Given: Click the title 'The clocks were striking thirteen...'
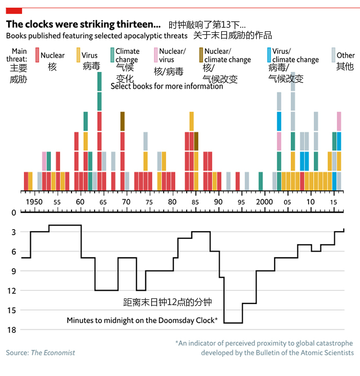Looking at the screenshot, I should click(x=83, y=24).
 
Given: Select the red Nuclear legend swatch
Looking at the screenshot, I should click(x=37, y=55).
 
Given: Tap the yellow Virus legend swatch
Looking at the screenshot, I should click(x=78, y=55).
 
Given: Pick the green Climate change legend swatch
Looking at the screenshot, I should click(x=112, y=55).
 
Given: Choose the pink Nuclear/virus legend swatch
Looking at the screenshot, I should click(x=156, y=55).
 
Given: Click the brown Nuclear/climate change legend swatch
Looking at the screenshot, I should click(x=201, y=55).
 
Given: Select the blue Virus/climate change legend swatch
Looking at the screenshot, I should click(x=269, y=55).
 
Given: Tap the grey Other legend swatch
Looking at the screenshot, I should click(x=333, y=55).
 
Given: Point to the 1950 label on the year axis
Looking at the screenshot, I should click(x=34, y=202).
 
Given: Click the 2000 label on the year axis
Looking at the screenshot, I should click(x=264, y=202).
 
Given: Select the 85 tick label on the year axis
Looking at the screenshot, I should click(x=195, y=202).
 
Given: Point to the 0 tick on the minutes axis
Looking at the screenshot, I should click(x=13, y=213).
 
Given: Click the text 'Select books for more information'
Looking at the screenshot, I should click(x=167, y=86).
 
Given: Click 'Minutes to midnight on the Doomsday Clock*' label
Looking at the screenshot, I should click(x=142, y=321).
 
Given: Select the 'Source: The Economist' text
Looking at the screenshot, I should click(x=41, y=352).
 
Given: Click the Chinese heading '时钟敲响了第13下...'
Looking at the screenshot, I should click(x=207, y=25).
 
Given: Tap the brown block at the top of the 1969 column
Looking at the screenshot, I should click(x=122, y=121).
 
